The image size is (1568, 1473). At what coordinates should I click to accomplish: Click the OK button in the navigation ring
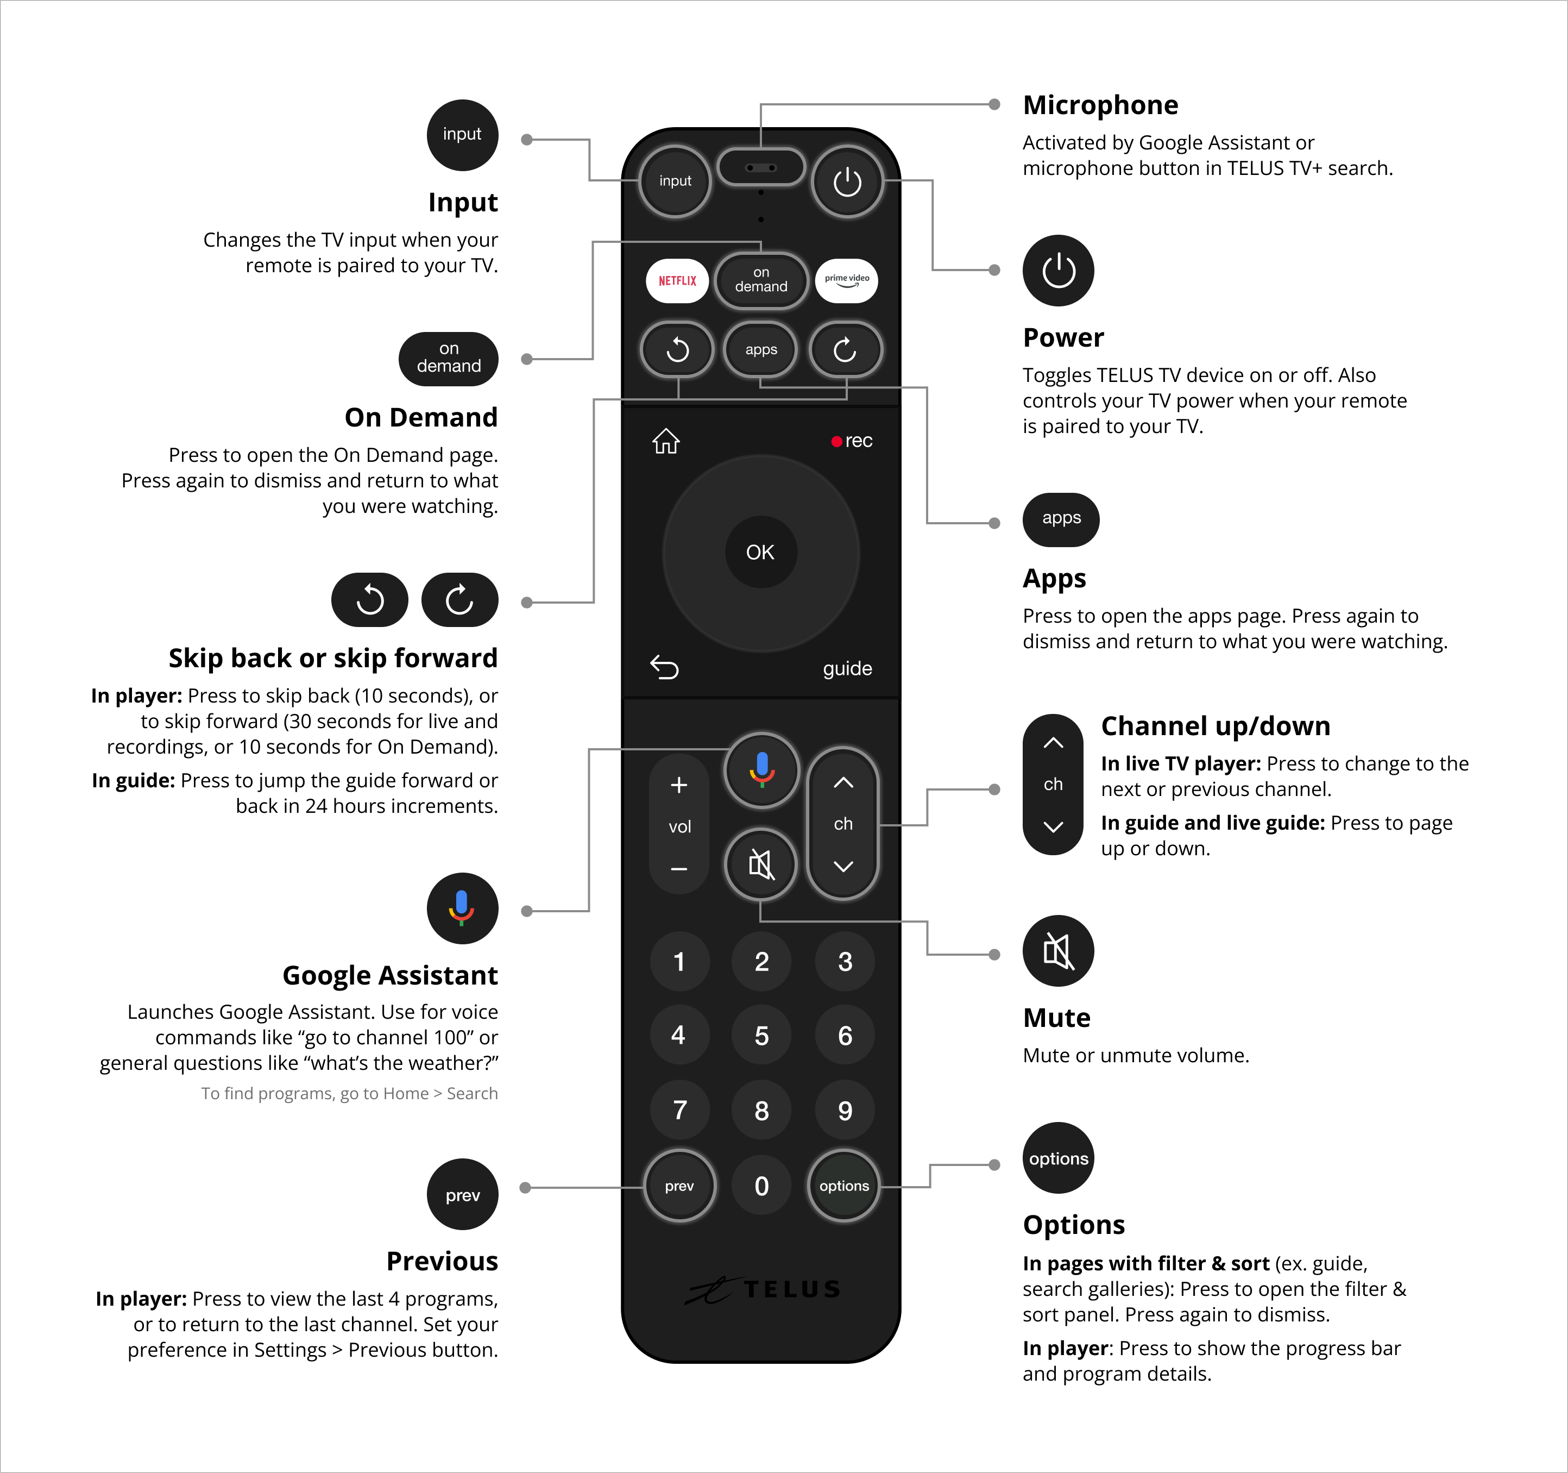point(760,552)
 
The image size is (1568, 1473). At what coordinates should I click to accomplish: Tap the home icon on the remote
point(666,441)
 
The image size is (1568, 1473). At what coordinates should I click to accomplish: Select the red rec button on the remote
point(852,441)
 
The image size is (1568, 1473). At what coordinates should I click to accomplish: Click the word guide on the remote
point(848,668)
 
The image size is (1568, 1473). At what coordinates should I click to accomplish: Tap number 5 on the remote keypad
point(761,1036)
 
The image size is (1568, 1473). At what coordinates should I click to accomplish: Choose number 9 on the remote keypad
point(845,1111)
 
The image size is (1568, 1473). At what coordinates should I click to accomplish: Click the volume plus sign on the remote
point(679,785)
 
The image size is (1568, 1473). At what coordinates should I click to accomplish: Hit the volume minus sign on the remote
point(679,869)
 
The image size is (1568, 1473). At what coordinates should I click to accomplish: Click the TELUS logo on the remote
point(763,1289)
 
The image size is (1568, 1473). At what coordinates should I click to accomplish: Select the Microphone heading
point(1100,105)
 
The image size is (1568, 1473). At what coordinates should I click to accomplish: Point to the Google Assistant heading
point(391,975)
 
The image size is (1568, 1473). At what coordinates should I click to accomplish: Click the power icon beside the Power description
point(1059,271)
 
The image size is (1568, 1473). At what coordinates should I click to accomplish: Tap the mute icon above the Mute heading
point(1059,951)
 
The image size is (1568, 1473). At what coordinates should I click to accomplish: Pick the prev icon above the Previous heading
point(462,1194)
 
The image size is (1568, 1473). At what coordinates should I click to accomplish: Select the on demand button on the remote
point(761,280)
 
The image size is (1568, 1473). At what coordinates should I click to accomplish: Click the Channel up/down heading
point(1216,726)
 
